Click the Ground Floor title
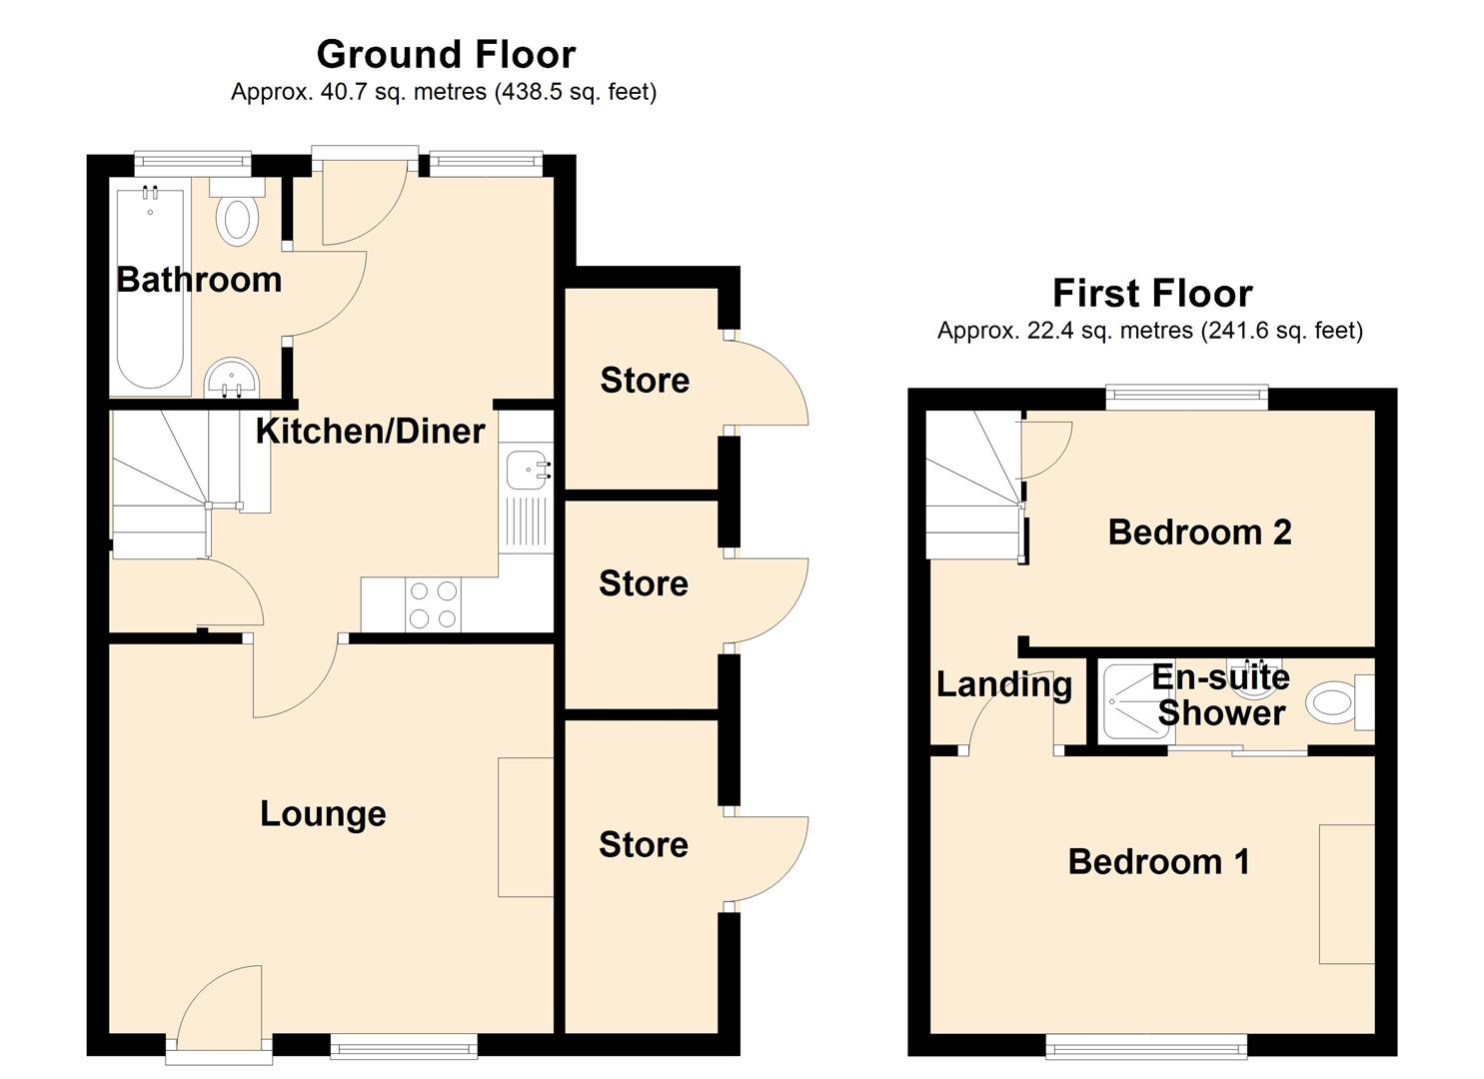[x=446, y=54]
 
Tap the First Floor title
[x=1151, y=294]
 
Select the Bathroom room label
[x=199, y=280]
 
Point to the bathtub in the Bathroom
[x=150, y=290]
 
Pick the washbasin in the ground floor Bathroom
[x=232, y=379]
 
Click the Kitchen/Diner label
[x=370, y=432]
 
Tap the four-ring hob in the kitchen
[x=433, y=605]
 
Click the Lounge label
[x=323, y=814]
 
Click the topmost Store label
[x=645, y=381]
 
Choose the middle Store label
[x=644, y=584]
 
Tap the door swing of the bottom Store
[x=769, y=859]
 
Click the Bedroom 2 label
[x=1199, y=533]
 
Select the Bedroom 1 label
[x=1158, y=862]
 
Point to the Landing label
[x=1003, y=685]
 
